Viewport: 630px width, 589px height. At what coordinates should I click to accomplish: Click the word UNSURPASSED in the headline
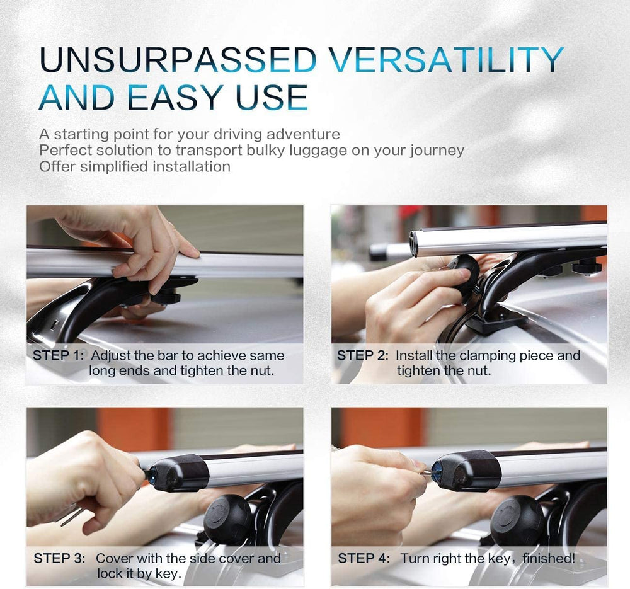point(178,59)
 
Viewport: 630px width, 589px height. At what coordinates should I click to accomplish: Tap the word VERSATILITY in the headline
point(447,59)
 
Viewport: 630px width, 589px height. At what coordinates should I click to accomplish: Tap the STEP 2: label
point(363,355)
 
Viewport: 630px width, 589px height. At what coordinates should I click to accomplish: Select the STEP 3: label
point(59,558)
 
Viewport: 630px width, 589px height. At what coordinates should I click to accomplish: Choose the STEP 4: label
point(364,558)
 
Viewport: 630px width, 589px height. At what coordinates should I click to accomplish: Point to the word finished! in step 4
point(549,558)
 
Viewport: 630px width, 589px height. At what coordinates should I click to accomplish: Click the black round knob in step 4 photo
point(517,520)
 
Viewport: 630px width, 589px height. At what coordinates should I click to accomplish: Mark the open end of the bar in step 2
point(415,243)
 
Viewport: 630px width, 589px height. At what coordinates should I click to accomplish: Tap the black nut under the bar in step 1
point(166,299)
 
